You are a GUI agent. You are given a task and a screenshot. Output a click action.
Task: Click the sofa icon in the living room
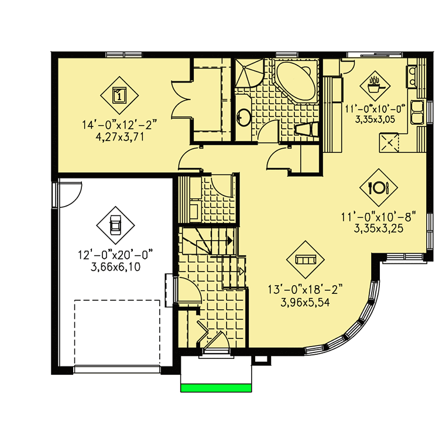(304, 258)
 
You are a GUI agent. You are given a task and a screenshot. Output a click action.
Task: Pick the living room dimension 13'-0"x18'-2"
(304, 287)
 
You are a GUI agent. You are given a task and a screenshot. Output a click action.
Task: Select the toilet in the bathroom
(306, 129)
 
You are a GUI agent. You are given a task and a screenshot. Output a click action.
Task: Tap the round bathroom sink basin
(243, 118)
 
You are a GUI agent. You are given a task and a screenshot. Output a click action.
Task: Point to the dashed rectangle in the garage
(117, 333)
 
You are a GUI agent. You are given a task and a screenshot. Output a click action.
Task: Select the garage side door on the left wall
(67, 196)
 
